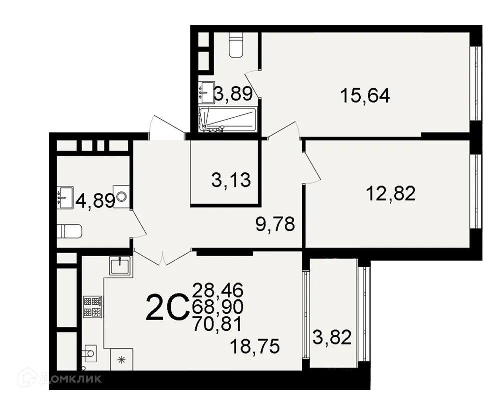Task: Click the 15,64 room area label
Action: tap(364, 95)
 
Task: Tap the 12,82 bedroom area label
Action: tap(391, 193)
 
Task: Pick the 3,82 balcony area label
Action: tap(332, 338)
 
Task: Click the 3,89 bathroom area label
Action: tap(233, 93)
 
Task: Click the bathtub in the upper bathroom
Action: tap(228, 119)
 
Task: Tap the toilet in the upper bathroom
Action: tap(234, 44)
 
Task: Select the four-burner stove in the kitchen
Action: tap(93, 306)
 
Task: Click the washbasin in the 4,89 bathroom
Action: tap(65, 196)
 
